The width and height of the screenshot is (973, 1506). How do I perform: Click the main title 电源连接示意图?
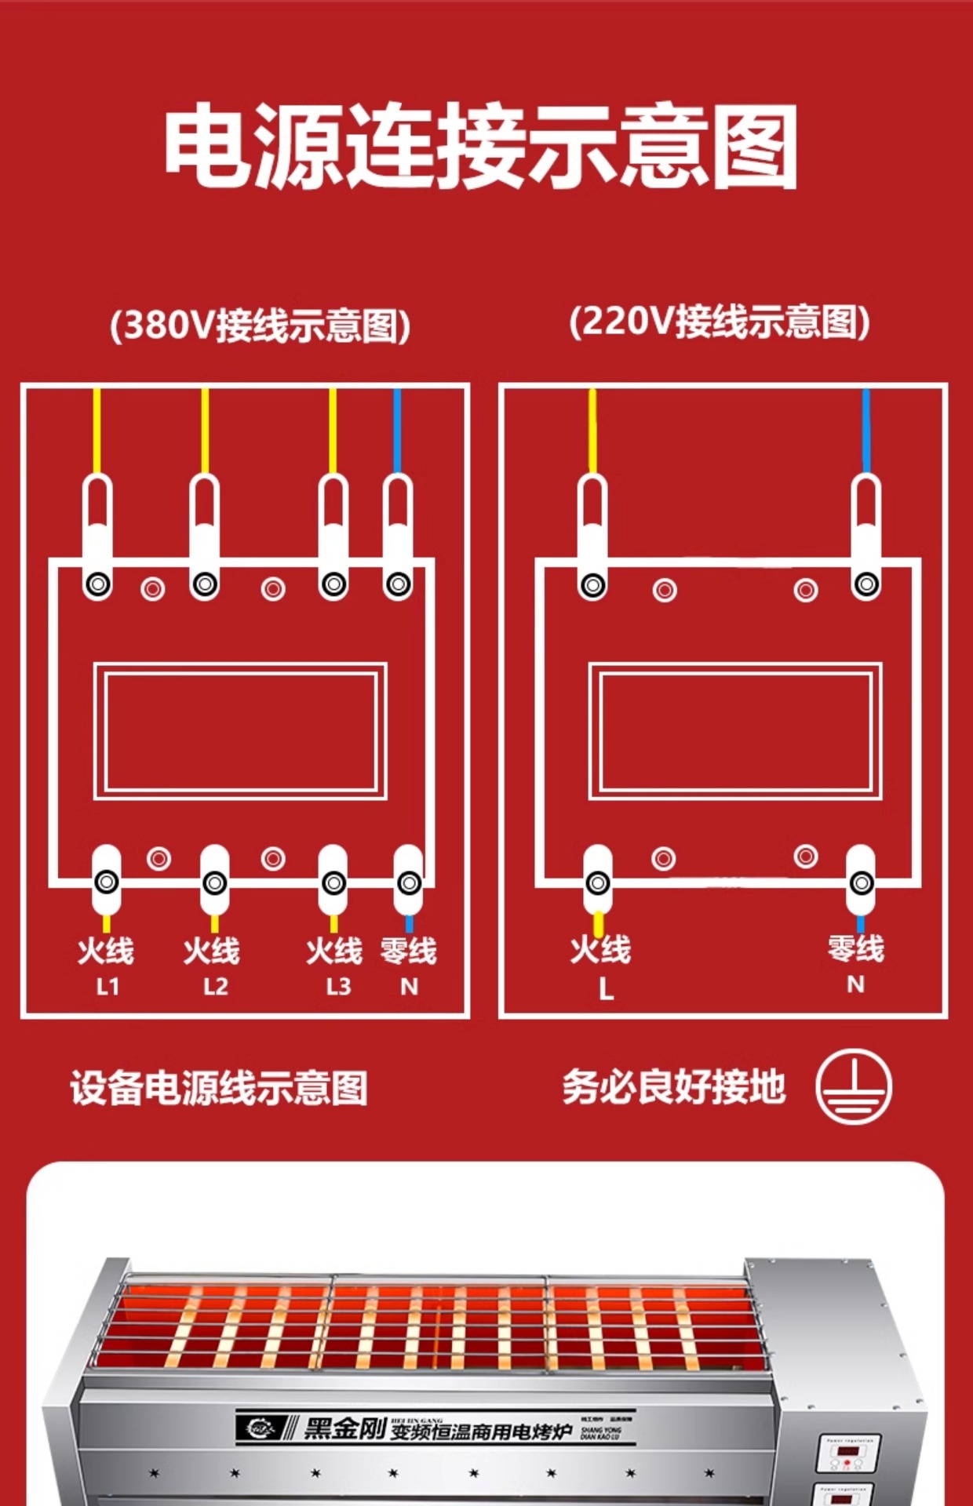480,147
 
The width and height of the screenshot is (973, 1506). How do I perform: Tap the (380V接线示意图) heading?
260,325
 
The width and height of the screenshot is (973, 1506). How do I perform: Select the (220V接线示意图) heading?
720,322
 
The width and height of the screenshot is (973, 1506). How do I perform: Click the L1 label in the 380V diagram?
108,986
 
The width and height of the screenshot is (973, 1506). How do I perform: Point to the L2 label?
215,986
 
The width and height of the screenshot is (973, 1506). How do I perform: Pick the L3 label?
338,986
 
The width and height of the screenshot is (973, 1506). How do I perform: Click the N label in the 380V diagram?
409,986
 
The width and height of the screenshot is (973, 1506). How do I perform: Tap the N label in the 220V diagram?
855,984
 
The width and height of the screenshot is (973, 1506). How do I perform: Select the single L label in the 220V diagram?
606,989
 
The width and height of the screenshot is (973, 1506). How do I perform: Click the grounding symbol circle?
853,1087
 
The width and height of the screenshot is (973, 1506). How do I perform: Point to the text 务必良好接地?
673,1087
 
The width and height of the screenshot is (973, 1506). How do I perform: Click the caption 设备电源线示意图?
219,1088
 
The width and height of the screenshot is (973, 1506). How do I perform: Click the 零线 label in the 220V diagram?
855,948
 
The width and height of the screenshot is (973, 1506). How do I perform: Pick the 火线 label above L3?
334,951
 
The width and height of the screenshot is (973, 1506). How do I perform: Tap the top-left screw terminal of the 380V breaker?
98,584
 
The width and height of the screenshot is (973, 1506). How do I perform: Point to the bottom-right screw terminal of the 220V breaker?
862,883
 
